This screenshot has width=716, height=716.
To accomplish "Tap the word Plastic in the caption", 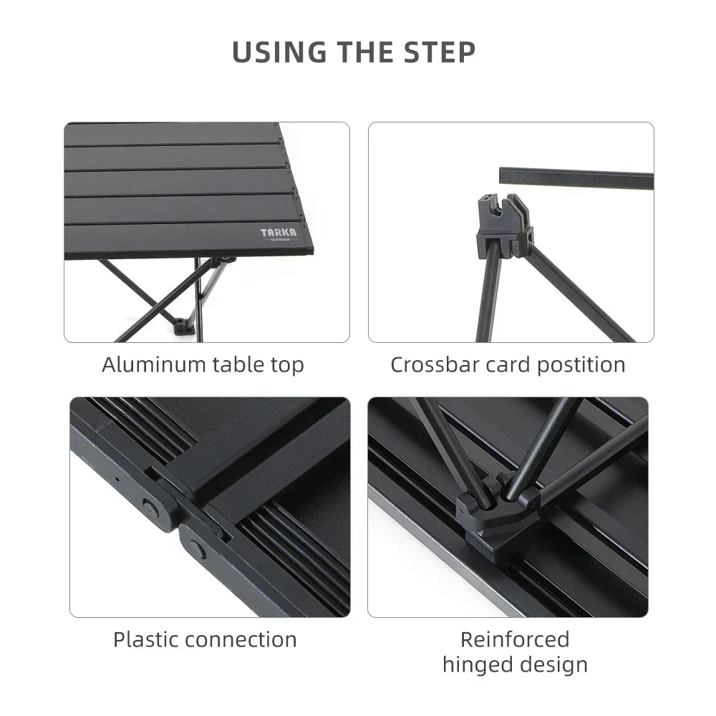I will (x=141, y=639).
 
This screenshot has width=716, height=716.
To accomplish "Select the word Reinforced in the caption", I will (x=515, y=639).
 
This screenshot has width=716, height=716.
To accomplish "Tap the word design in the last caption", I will (x=552, y=664).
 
